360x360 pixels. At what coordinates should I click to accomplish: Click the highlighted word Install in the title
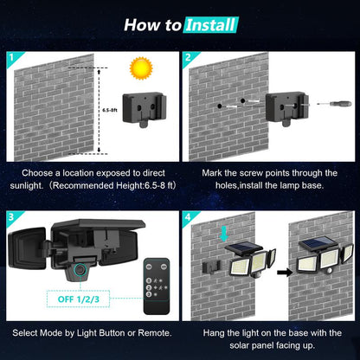(210, 25)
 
